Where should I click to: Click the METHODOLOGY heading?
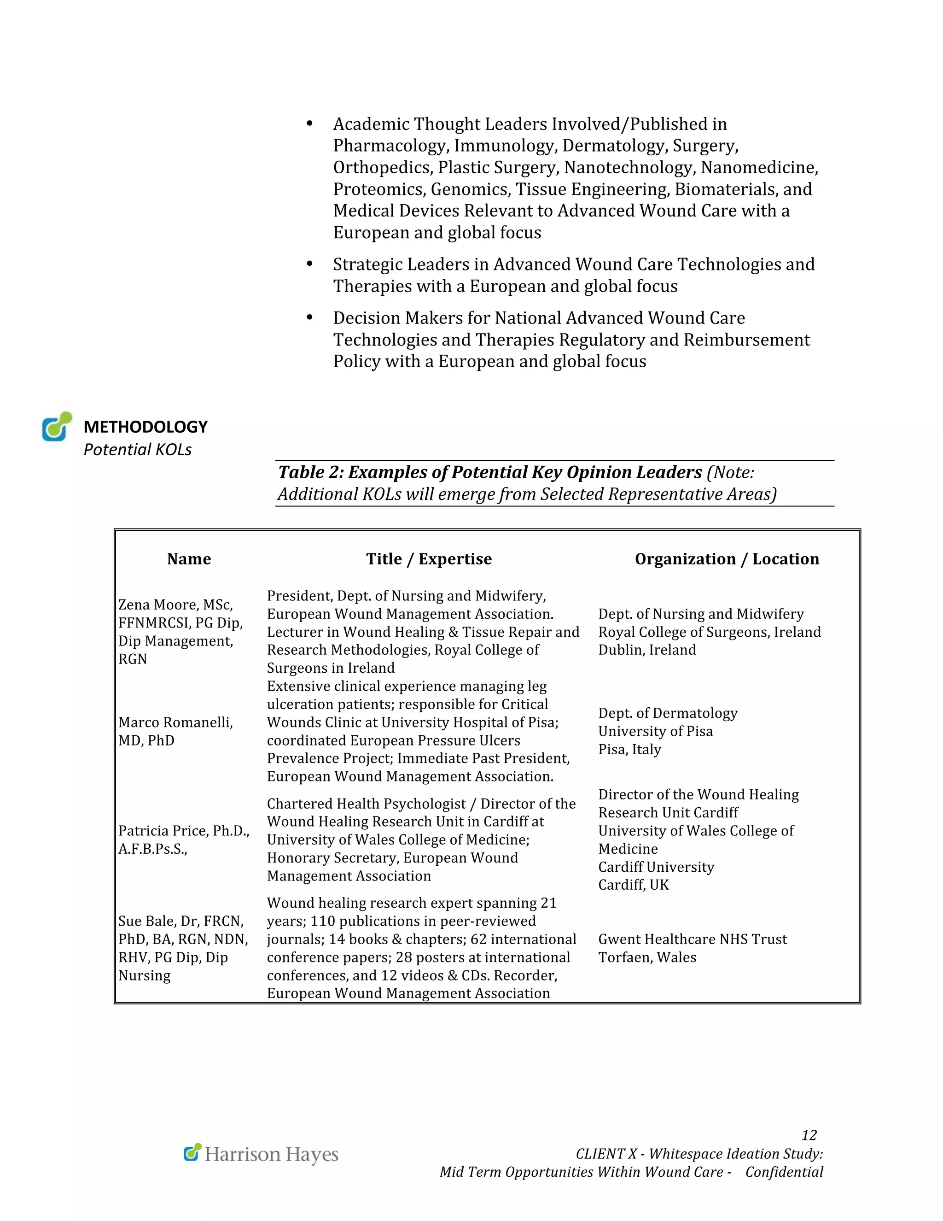[145, 427]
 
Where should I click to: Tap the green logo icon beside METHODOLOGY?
[57, 427]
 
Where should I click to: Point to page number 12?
[809, 1135]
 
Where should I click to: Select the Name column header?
[189, 558]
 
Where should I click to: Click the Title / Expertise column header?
[429, 558]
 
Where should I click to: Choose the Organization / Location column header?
[726, 558]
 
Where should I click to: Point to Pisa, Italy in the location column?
[629, 749]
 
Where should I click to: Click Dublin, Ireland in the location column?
[646, 650]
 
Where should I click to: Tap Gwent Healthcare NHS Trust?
[692, 939]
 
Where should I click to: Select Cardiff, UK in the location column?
[633, 885]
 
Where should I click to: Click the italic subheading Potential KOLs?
[137, 450]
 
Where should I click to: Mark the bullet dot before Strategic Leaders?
[309, 264]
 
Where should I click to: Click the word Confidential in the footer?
[784, 1172]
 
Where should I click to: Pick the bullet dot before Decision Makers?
[309, 317]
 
